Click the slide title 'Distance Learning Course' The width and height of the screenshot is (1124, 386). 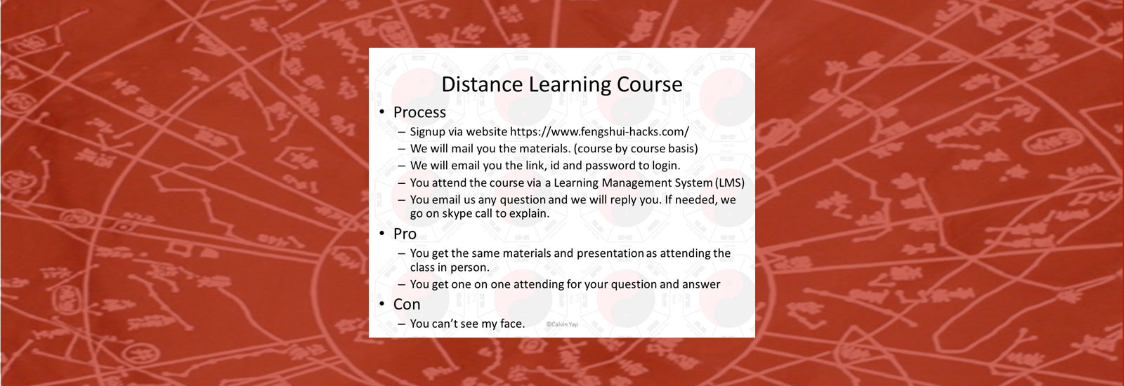561,85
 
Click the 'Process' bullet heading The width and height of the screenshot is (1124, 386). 419,112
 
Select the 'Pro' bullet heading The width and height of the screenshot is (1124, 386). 405,234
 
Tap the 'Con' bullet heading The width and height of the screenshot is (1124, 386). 407,305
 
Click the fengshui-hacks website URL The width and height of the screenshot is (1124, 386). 599,131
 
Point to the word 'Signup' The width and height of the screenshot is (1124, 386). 428,131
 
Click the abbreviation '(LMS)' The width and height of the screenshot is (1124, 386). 730,182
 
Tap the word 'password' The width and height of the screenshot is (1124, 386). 610,166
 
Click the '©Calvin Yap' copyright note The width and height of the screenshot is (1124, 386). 562,324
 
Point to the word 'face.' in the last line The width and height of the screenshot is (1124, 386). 512,324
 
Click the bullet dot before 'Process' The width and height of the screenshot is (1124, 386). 382,112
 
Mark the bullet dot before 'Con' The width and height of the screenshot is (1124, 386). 382,305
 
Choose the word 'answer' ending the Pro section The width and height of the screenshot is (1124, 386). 701,284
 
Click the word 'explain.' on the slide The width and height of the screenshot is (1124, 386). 528,213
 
